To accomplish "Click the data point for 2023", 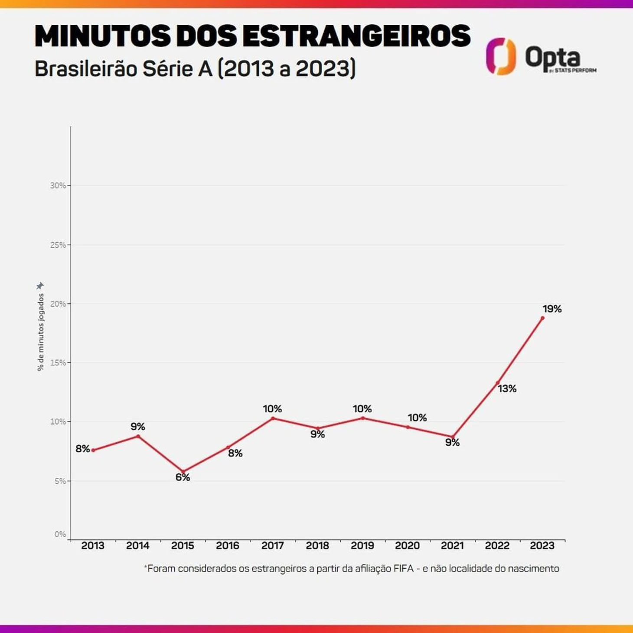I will point(542,318).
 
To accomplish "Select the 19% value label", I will point(552,309).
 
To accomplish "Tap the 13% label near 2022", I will point(507,388).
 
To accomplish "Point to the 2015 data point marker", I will point(183,472).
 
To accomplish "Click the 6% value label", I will point(183,477).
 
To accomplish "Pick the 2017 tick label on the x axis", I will point(272,545).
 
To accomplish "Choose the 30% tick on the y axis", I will point(58,186).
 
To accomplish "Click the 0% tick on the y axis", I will point(60,535).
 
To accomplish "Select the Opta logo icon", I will point(501,56).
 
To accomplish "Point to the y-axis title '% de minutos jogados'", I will point(41,332).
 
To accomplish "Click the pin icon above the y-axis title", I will point(40,286).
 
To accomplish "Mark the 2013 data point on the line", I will point(93,450).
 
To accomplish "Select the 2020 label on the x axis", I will point(407,545).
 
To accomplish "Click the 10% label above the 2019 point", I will point(362,409).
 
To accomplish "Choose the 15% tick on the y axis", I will point(58,363).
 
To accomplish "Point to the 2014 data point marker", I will point(138,436).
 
